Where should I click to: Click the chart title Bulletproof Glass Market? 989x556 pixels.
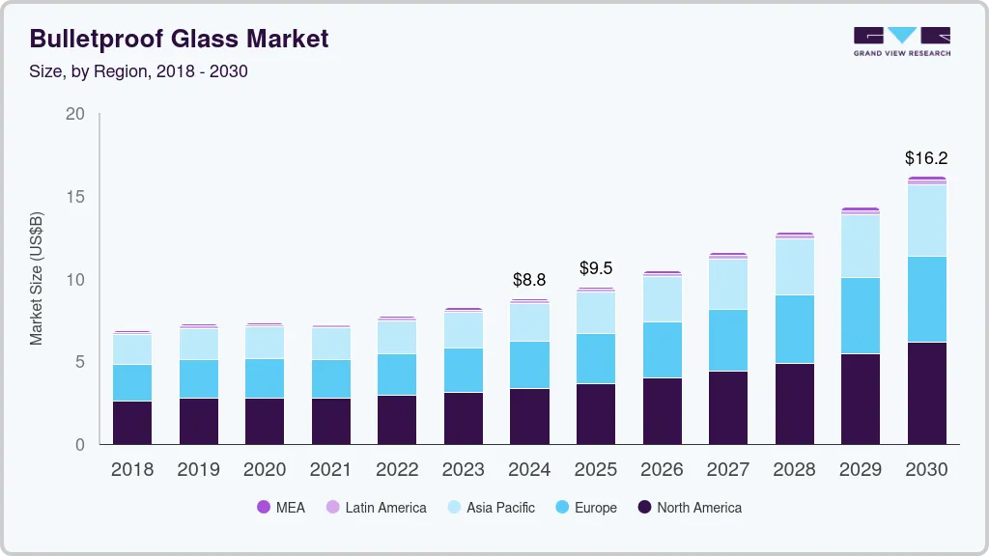pyautogui.click(x=179, y=39)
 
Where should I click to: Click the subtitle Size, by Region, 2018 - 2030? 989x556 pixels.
pyautogui.click(x=139, y=71)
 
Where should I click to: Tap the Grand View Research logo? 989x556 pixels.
pyautogui.click(x=901, y=41)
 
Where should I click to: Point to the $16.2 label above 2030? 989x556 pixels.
pyautogui.click(x=926, y=157)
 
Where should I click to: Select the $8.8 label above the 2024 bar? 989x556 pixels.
pyautogui.click(x=529, y=280)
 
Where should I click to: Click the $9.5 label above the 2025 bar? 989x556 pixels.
pyautogui.click(x=595, y=268)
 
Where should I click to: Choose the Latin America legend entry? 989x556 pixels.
pyautogui.click(x=376, y=507)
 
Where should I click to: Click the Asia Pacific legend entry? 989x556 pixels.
pyautogui.click(x=490, y=507)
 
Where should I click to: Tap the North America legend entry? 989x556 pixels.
pyautogui.click(x=689, y=507)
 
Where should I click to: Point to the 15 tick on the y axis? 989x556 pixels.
pyautogui.click(x=74, y=197)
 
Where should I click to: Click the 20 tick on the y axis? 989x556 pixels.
pyautogui.click(x=74, y=114)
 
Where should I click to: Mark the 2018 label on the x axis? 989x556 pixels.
pyautogui.click(x=132, y=469)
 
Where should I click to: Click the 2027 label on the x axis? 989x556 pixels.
pyautogui.click(x=727, y=469)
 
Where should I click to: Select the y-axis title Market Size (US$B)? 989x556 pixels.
pyautogui.click(x=36, y=278)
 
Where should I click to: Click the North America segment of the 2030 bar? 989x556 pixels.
pyautogui.click(x=926, y=393)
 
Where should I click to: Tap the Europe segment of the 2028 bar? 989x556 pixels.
pyautogui.click(x=794, y=329)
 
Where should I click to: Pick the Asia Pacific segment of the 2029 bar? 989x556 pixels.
pyautogui.click(x=860, y=246)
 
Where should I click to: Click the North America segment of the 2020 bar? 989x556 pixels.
pyautogui.click(x=265, y=421)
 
